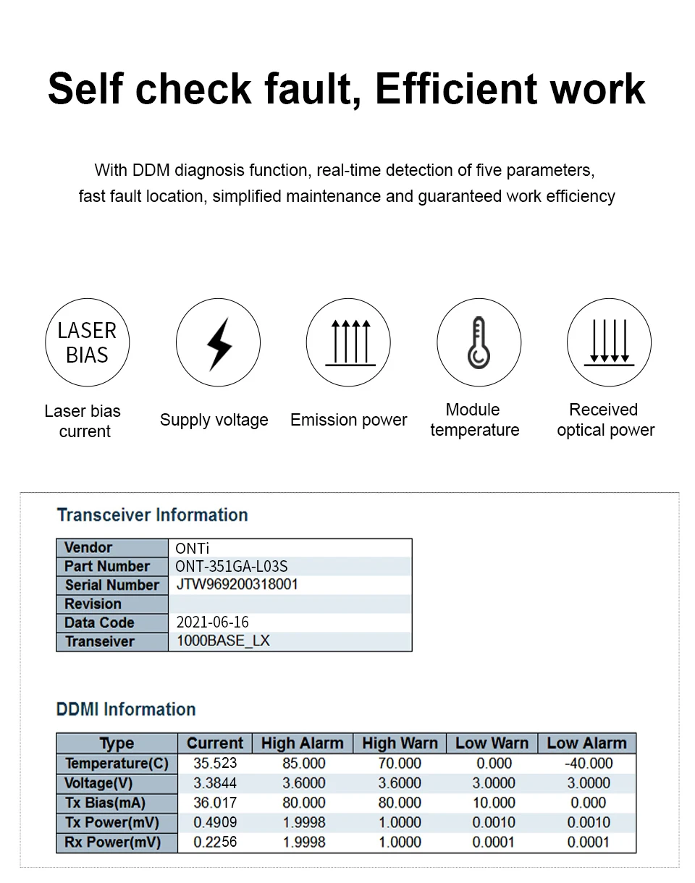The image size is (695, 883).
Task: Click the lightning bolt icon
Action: (x=219, y=343)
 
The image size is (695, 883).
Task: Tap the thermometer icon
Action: (x=479, y=343)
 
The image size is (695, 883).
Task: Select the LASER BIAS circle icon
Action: (x=88, y=342)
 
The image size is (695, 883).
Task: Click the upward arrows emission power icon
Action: (x=349, y=343)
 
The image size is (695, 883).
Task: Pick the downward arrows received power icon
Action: (x=609, y=343)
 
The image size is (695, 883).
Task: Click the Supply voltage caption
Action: (x=214, y=420)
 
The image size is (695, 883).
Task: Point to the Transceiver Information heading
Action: (x=152, y=515)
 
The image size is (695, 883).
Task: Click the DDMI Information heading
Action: (x=126, y=709)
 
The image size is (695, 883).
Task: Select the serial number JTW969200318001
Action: (x=237, y=585)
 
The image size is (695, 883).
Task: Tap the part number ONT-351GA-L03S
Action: (x=231, y=566)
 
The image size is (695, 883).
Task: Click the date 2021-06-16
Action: (x=212, y=622)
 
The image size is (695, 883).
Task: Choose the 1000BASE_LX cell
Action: (x=223, y=641)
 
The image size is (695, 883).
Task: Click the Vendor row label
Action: (x=88, y=548)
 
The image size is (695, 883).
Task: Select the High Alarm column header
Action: (x=302, y=743)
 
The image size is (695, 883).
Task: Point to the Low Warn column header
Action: (x=492, y=743)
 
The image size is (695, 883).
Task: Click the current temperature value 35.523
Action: (x=215, y=764)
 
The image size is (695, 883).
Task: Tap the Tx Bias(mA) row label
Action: (x=105, y=803)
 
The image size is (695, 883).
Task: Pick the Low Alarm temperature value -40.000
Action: (x=588, y=764)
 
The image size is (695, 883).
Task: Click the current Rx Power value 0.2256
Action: (x=215, y=842)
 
